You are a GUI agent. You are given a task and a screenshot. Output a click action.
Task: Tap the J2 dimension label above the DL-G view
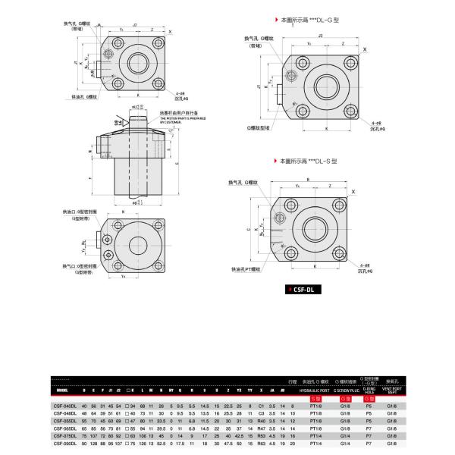click(x=322, y=35)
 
